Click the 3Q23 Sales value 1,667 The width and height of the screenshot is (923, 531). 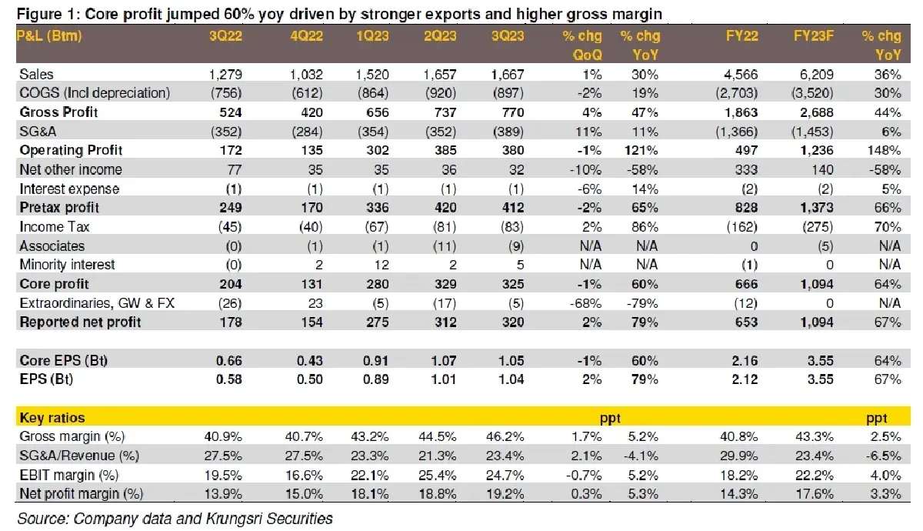pyautogui.click(x=506, y=75)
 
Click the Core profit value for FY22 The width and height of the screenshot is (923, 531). pyautogui.click(x=744, y=284)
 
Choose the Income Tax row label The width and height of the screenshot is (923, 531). pyautogui.click(x=52, y=227)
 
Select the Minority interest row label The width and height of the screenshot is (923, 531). pyautogui.click(x=67, y=265)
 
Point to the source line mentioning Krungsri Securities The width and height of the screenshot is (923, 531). pyautogui.click(x=175, y=518)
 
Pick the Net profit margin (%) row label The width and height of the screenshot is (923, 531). pyautogui.click(x=81, y=493)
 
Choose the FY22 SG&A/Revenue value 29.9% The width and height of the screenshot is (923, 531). pyautogui.click(x=741, y=456)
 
